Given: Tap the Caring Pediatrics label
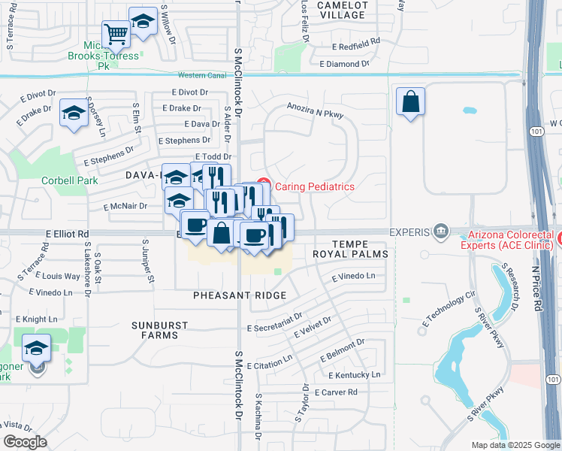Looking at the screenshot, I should (315, 186).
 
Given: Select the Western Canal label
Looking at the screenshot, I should (202, 75).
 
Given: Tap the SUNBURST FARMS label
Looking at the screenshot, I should (156, 330).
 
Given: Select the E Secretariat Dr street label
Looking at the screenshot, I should (274, 322).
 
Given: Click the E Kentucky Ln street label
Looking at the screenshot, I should (354, 375).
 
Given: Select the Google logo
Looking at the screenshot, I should (25, 442).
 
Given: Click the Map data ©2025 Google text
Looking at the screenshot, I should (515, 445).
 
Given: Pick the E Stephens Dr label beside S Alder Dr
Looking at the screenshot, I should (184, 141).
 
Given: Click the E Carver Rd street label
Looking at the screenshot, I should (340, 392).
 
